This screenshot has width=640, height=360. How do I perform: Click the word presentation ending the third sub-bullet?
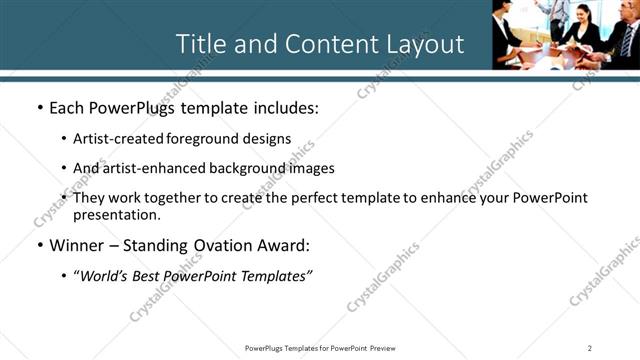click(x=116, y=215)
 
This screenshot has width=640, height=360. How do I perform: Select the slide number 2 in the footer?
click(x=590, y=348)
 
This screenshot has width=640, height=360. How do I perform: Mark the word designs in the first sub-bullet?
click(x=271, y=139)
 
